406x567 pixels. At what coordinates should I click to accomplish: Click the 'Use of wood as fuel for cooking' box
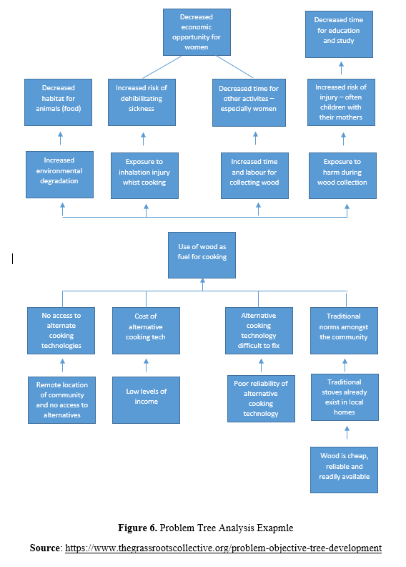click(x=202, y=256)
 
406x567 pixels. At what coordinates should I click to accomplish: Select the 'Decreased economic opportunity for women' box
click(x=197, y=32)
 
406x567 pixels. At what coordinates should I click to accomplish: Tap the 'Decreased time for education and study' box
click(x=339, y=34)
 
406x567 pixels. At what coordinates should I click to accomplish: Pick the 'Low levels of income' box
click(x=146, y=400)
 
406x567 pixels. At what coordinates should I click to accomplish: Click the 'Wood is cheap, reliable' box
click(x=344, y=470)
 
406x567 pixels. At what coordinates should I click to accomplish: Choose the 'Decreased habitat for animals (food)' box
click(x=58, y=102)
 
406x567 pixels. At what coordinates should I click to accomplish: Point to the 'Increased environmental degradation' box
click(x=59, y=175)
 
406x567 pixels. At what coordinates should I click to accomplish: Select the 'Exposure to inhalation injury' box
click(x=144, y=175)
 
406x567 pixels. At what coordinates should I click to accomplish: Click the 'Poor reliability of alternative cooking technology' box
click(x=261, y=399)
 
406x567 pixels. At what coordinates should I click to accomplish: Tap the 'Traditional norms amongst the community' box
click(x=344, y=331)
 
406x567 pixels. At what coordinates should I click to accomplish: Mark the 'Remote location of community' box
click(x=61, y=400)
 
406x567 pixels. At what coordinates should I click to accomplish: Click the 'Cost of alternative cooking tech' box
click(x=146, y=331)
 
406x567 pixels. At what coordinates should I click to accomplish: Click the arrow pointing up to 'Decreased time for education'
click(x=342, y=68)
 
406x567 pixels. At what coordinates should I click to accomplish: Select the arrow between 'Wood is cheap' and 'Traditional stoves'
click(x=347, y=432)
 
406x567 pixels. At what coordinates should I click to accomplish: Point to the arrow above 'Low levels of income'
click(x=146, y=365)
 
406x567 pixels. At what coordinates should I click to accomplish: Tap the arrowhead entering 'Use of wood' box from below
click(x=202, y=281)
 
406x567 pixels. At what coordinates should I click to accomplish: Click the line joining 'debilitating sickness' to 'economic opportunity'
click(x=162, y=67)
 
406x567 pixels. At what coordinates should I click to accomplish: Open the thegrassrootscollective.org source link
click(x=224, y=548)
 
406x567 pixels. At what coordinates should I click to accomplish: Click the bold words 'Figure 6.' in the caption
click(x=137, y=528)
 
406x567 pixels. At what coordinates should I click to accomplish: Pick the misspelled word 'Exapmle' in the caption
click(x=275, y=528)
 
